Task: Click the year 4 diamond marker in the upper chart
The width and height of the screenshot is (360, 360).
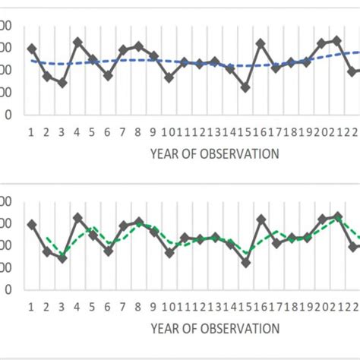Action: click(x=77, y=43)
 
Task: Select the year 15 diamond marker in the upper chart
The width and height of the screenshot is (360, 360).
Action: click(x=245, y=87)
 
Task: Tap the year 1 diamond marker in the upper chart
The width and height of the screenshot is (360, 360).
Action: click(x=31, y=49)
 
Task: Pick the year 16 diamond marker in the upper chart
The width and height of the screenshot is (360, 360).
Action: click(x=261, y=44)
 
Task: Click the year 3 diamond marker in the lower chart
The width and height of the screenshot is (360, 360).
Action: click(x=62, y=258)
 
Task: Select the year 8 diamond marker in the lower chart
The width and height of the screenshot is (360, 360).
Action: click(x=138, y=222)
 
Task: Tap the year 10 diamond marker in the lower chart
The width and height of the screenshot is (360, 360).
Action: click(x=169, y=252)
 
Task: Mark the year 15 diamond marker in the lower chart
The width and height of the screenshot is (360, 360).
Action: click(x=245, y=263)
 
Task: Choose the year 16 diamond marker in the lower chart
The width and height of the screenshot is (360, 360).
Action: click(x=261, y=219)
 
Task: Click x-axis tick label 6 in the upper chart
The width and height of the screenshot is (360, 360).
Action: click(x=108, y=132)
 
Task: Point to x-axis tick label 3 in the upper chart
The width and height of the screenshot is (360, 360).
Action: click(x=62, y=132)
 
